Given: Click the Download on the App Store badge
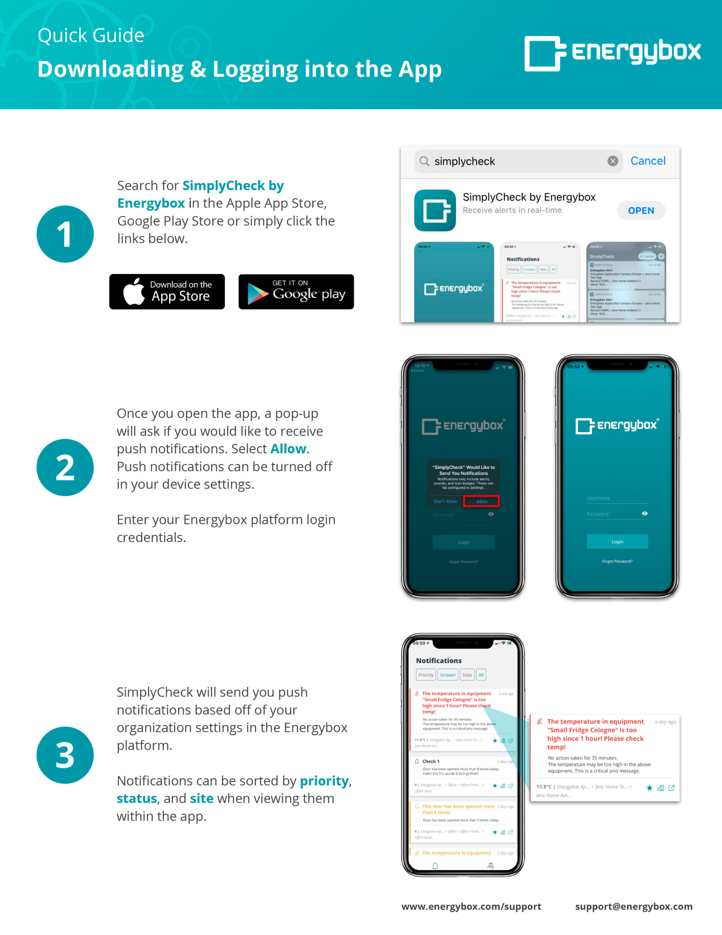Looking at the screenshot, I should (x=167, y=291).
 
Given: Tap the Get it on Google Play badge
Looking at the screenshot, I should (x=296, y=291).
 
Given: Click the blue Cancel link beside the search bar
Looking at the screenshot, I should (x=648, y=161).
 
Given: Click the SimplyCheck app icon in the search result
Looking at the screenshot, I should (x=435, y=210).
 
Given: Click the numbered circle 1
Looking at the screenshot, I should (x=65, y=234).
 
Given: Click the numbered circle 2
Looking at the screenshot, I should (x=65, y=467).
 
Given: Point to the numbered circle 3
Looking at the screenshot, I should (x=65, y=755).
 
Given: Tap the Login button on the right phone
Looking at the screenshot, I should (x=617, y=542).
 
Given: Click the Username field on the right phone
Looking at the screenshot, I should (x=617, y=498).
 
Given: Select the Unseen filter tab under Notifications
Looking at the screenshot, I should (x=448, y=675).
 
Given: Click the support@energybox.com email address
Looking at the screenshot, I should (x=633, y=906).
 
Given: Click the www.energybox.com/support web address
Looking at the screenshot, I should (x=471, y=906).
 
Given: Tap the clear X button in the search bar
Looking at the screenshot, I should (x=612, y=161).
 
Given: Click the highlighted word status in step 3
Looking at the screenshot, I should (x=137, y=798).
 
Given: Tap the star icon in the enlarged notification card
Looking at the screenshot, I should (x=649, y=788).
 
